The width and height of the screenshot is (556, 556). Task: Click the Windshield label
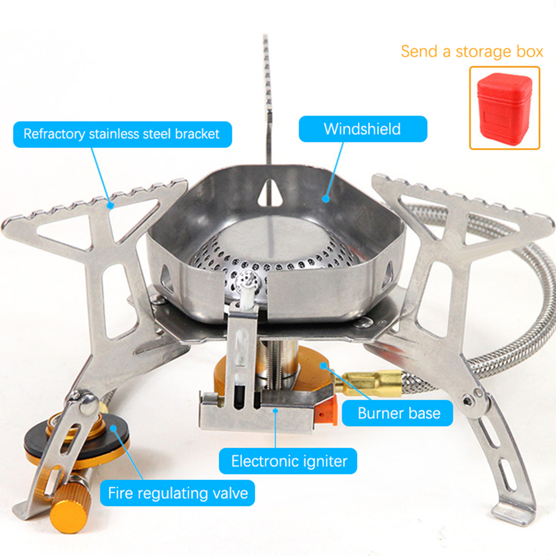click(x=363, y=129)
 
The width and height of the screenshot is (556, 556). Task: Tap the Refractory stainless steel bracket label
click(x=122, y=134)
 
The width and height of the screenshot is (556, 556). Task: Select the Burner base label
click(x=397, y=413)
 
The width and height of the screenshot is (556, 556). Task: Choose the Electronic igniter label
click(x=288, y=461)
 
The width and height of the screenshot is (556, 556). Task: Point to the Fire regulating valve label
click(x=178, y=493)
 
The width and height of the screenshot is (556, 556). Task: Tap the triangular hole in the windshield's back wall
click(x=270, y=193)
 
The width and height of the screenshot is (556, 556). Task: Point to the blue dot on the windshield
click(x=326, y=199)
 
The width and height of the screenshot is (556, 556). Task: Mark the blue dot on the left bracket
click(x=110, y=205)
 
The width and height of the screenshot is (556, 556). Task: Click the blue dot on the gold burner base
click(x=324, y=365)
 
